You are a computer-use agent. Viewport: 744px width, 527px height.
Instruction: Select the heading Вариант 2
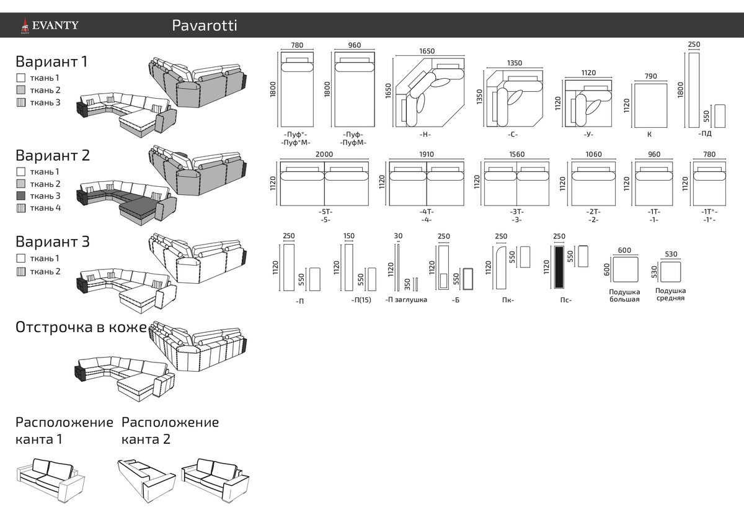(x=53, y=155)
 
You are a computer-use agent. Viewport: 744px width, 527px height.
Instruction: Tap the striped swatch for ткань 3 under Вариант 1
(x=20, y=102)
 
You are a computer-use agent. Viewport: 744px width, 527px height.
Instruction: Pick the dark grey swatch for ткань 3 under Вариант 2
(x=20, y=196)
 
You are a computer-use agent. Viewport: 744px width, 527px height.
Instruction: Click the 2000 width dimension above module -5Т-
(x=324, y=155)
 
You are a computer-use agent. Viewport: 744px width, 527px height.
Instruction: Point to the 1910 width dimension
(x=426, y=155)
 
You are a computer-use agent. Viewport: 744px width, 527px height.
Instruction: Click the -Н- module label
(x=425, y=134)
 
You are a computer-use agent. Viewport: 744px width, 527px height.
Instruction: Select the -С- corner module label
(x=512, y=134)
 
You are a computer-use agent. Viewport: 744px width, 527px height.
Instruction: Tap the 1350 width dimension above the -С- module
(x=515, y=63)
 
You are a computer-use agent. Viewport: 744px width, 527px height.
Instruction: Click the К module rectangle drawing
(x=650, y=105)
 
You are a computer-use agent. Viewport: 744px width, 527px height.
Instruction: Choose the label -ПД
(x=704, y=133)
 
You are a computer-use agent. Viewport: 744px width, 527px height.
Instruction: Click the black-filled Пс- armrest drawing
(x=559, y=267)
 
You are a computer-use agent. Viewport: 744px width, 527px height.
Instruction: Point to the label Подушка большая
(x=624, y=295)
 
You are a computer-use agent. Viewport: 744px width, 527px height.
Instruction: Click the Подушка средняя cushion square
(x=670, y=273)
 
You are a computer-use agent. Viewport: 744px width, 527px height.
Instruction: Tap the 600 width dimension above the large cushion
(x=624, y=250)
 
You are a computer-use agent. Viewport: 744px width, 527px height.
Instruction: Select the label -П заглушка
(x=406, y=300)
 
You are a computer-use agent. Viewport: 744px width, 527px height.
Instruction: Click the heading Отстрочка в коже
(x=81, y=327)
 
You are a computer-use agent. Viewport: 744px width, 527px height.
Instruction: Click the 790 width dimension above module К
(x=650, y=76)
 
